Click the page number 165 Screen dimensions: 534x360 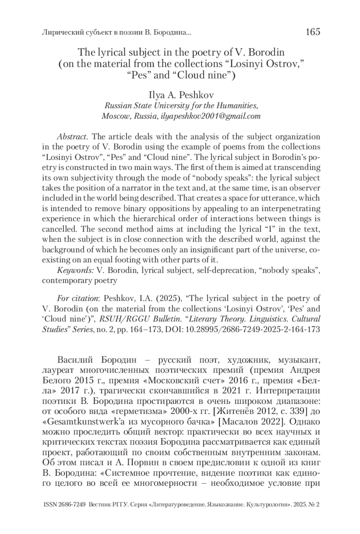(313, 31)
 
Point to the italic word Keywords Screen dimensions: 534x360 (75, 270)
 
